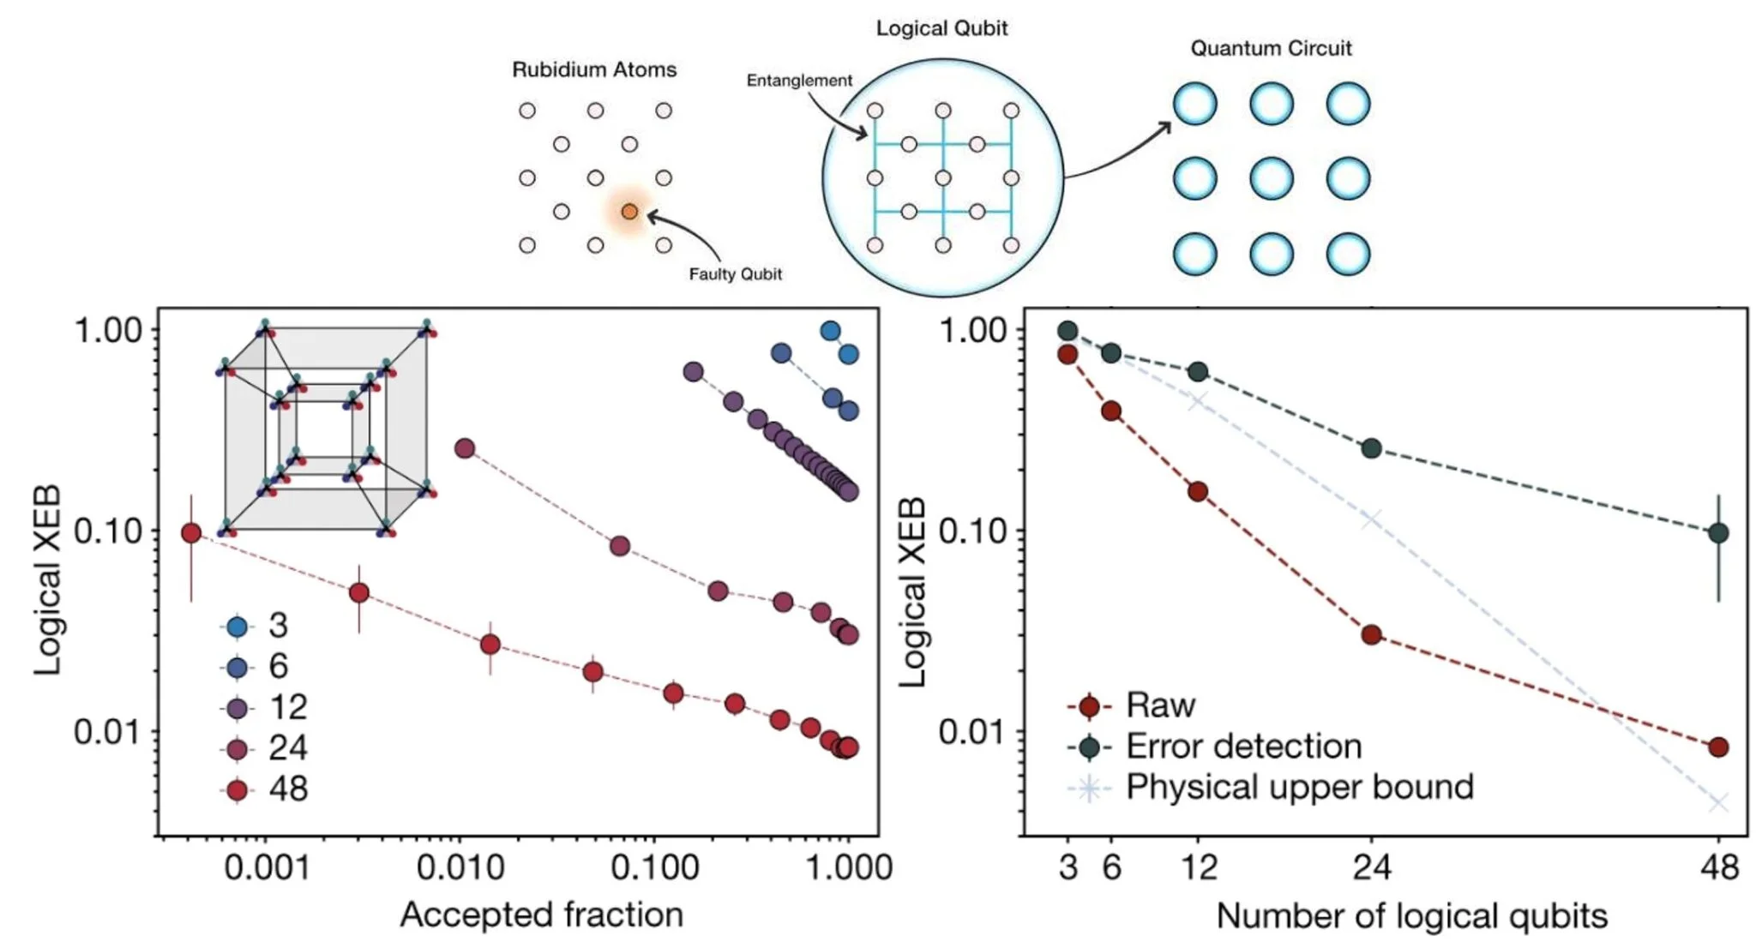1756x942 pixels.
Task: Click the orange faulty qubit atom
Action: (x=629, y=212)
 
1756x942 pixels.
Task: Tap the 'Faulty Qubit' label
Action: (x=735, y=274)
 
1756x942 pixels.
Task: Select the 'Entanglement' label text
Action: (x=798, y=81)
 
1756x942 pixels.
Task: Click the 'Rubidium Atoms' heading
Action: (x=593, y=69)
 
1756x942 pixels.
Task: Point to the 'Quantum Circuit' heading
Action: (x=1271, y=48)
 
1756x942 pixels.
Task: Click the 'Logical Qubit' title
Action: (x=941, y=28)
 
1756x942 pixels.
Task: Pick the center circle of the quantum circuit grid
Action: (x=1271, y=178)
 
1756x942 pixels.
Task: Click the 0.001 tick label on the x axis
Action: (x=267, y=867)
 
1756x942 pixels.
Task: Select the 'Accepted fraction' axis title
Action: (x=541, y=915)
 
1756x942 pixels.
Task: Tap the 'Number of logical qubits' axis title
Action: (x=1411, y=915)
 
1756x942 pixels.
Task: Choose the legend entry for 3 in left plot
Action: (x=257, y=627)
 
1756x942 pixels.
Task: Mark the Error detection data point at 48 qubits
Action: (x=1718, y=533)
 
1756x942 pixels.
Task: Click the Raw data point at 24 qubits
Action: (x=1371, y=635)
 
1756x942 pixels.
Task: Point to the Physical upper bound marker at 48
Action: (x=1718, y=803)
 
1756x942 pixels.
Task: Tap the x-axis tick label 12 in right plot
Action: (x=1199, y=867)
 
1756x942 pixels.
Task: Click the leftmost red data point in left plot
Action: (x=191, y=533)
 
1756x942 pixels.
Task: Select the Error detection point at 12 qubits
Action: (x=1199, y=372)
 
